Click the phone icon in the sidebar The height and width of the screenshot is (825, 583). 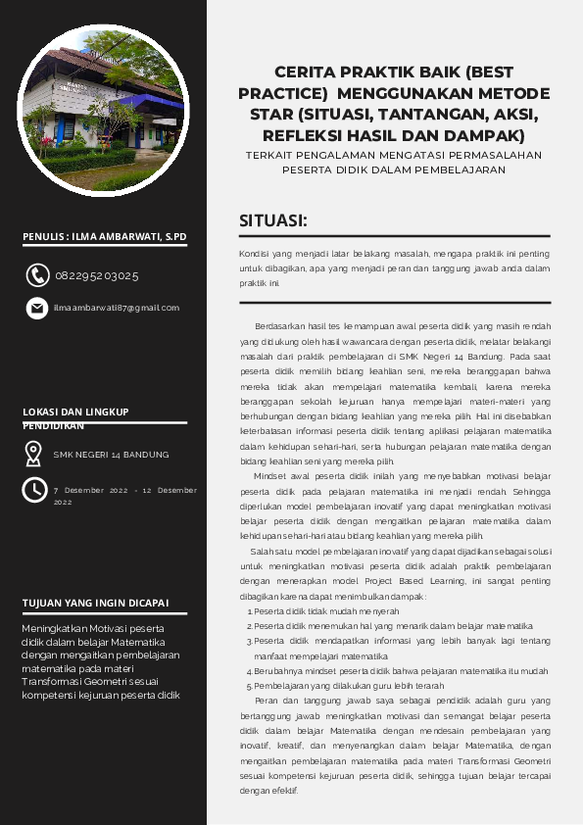tap(37, 275)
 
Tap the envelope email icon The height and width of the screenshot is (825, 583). tap(37, 308)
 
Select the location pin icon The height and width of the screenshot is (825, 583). tap(34, 454)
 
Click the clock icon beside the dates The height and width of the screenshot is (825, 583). tap(34, 489)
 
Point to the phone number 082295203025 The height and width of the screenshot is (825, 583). tap(96, 276)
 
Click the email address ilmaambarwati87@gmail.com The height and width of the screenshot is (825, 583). tap(117, 308)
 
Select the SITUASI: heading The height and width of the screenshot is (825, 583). tap(274, 220)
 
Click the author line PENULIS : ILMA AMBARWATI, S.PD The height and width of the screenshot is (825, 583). tap(104, 237)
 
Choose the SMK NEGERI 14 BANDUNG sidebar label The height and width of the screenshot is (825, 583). tap(111, 455)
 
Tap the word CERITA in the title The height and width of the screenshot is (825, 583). tap(306, 73)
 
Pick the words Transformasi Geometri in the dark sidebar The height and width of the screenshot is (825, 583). tap(79, 655)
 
